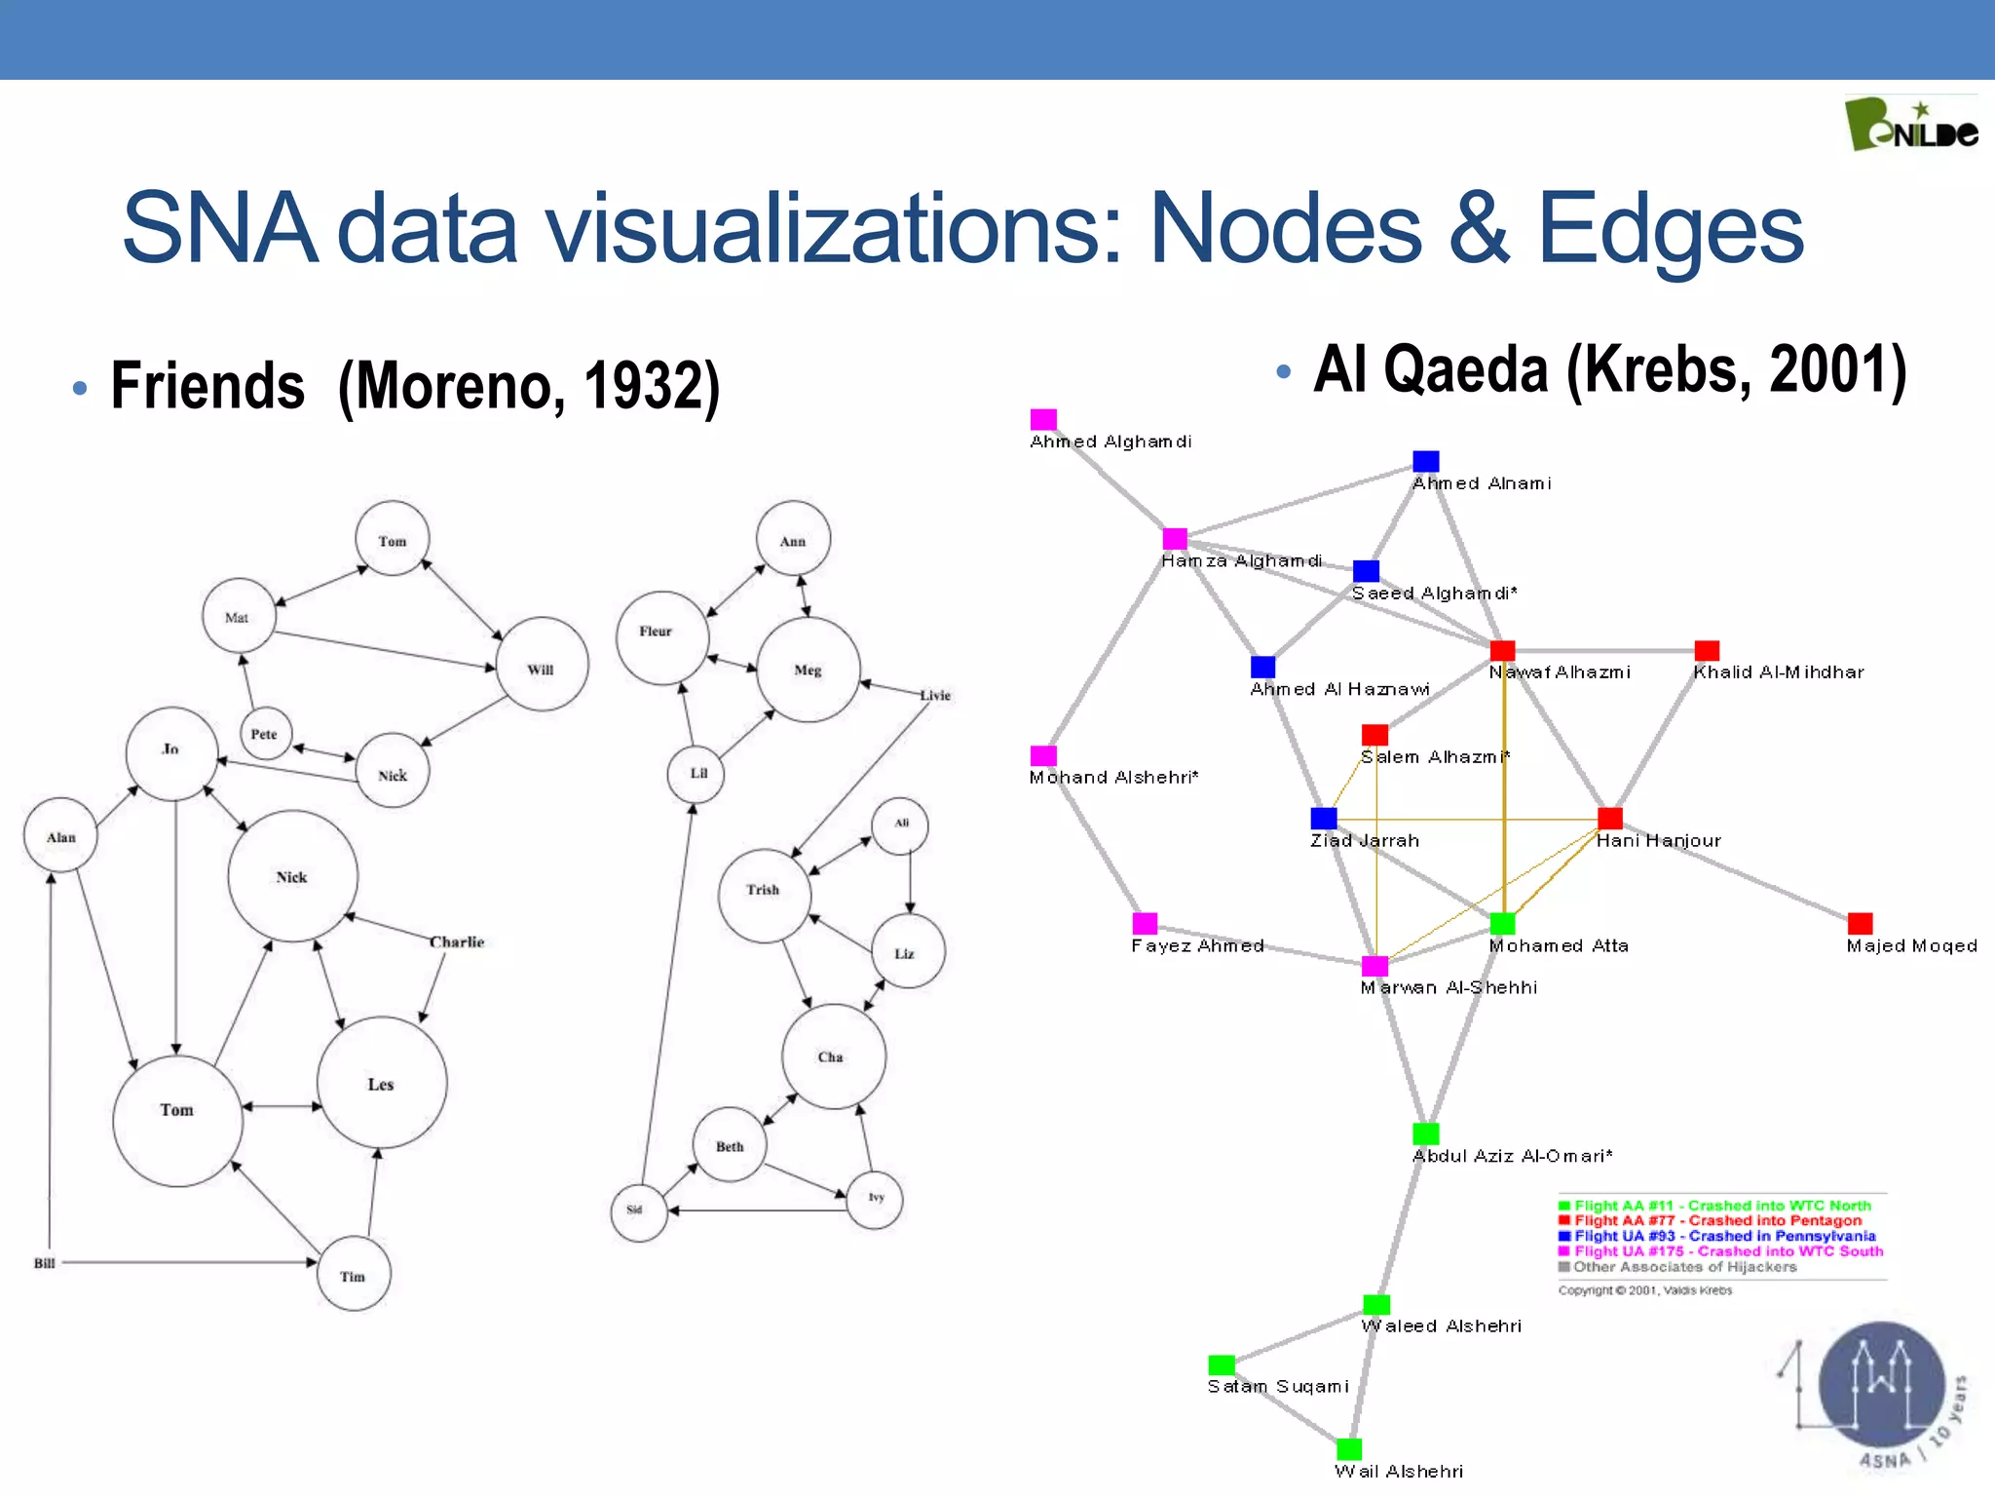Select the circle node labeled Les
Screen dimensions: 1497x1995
point(382,1083)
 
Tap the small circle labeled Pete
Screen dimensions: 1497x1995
point(265,734)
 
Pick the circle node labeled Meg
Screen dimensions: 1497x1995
point(808,670)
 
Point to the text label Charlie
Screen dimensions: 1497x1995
point(457,941)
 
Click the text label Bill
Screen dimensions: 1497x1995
point(45,1263)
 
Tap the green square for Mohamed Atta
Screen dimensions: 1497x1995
point(1502,922)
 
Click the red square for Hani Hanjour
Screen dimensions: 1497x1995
point(1610,818)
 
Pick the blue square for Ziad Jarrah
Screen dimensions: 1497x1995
point(1323,818)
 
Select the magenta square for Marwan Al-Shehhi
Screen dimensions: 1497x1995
point(1374,965)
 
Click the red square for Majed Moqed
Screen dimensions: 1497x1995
point(1860,922)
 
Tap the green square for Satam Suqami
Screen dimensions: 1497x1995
point(1221,1364)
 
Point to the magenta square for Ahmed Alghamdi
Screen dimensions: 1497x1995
point(1043,419)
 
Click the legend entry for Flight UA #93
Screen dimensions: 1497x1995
point(1724,1236)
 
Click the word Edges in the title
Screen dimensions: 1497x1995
point(1670,228)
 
